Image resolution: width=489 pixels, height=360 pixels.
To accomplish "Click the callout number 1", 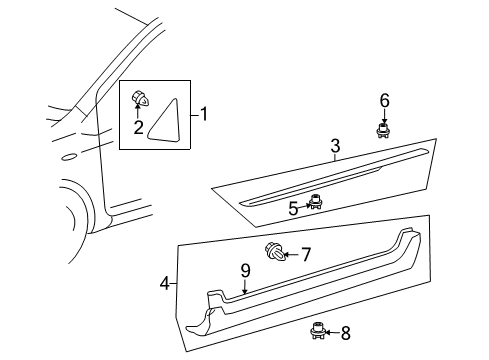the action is (x=204, y=114).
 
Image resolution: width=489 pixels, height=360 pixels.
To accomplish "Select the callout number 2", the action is (x=138, y=127).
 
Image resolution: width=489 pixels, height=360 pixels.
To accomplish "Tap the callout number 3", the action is (x=335, y=146).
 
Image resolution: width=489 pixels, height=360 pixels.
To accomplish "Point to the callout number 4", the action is (x=165, y=284).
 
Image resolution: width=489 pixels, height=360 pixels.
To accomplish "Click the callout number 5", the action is (x=293, y=209).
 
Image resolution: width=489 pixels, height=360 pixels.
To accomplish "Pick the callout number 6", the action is (x=385, y=101).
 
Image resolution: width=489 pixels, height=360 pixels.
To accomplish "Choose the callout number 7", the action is (x=306, y=255).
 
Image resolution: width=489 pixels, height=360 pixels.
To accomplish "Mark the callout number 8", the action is (x=346, y=333).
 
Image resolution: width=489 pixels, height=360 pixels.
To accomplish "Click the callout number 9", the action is (x=245, y=271).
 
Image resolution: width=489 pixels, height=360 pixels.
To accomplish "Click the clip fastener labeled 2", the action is (x=139, y=98).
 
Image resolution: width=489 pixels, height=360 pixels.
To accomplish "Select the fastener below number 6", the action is (x=383, y=130).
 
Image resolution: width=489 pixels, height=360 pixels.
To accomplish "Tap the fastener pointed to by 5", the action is (x=315, y=202).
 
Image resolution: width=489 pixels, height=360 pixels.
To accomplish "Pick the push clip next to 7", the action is (x=276, y=253).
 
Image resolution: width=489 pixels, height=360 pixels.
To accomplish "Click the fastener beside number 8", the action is (x=317, y=331).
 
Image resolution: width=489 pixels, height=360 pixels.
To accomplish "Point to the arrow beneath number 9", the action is (x=245, y=287).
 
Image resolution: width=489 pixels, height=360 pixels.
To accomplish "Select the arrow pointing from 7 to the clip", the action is (x=292, y=255).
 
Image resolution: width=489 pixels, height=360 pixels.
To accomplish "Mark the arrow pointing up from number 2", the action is (x=138, y=111).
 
